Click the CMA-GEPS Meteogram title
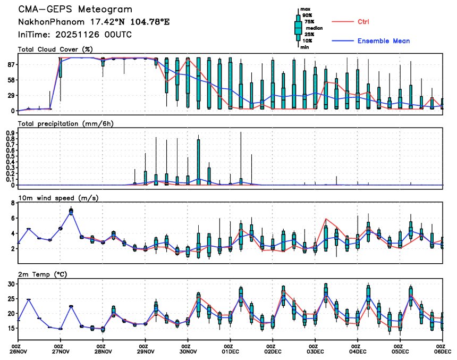[x=75, y=10]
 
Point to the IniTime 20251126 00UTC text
[x=75, y=35]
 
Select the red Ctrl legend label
[x=364, y=22]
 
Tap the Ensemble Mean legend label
[x=383, y=41]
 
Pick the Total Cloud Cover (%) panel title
[x=55, y=49]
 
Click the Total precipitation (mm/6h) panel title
[x=66, y=123]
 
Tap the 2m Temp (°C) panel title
[x=45, y=274]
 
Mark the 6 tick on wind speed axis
[x=12, y=218]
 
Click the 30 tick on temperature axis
[x=11, y=284]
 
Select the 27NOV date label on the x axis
[x=61, y=352]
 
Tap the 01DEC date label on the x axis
[x=231, y=352]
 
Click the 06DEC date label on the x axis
[x=443, y=352]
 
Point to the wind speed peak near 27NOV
[x=71, y=211]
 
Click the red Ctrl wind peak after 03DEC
[x=326, y=219]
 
